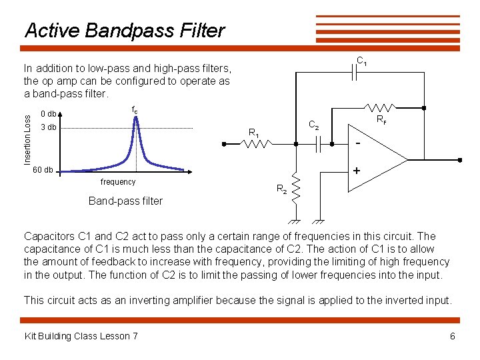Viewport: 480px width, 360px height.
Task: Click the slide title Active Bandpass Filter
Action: point(125,31)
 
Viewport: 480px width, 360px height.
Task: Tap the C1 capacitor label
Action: point(362,62)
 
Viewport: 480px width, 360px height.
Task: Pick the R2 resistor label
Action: point(282,189)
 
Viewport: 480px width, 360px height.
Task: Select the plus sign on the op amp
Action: point(357,171)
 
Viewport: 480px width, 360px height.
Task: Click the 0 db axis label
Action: point(49,114)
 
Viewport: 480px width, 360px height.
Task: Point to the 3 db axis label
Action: point(49,127)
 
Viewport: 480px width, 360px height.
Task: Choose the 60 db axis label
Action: point(43,170)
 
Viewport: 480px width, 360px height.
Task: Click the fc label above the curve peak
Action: point(135,109)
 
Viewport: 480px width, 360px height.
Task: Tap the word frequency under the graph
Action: point(117,182)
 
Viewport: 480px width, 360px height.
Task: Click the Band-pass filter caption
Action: point(125,201)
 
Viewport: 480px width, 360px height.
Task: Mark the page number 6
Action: point(453,336)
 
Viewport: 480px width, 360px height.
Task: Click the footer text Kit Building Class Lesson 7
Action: point(81,336)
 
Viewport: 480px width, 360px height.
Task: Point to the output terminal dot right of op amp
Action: point(460,160)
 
